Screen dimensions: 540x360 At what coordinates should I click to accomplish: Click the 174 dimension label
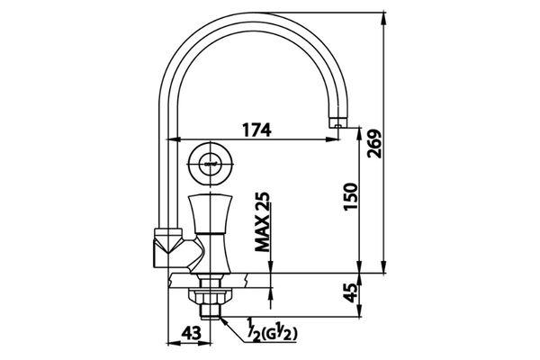click(x=256, y=130)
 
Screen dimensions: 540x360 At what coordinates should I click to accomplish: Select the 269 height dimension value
click(x=374, y=144)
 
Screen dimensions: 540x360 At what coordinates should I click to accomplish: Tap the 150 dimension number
click(x=351, y=197)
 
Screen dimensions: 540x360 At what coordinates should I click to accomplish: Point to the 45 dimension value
click(x=351, y=292)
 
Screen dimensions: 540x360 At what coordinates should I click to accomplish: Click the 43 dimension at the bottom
click(x=191, y=333)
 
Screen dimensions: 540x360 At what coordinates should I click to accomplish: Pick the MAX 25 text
click(x=262, y=221)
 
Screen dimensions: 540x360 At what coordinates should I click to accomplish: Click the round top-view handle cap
click(x=210, y=163)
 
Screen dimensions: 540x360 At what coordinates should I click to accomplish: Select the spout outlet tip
click(x=337, y=123)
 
